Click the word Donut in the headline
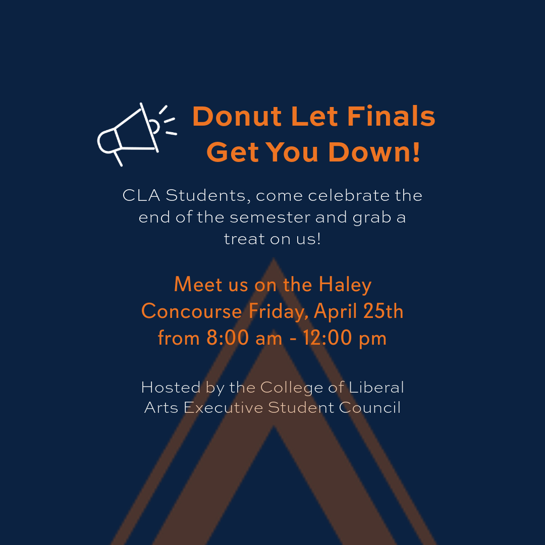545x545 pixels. [x=237, y=116]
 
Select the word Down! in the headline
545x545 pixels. [x=374, y=152]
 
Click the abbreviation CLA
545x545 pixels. [x=141, y=195]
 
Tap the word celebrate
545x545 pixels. [x=349, y=195]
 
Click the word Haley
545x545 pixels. [x=345, y=285]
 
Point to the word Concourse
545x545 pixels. [x=192, y=311]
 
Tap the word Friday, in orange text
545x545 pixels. [x=279, y=311]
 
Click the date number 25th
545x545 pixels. [x=384, y=311]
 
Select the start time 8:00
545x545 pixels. [x=228, y=338]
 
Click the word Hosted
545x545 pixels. [x=171, y=387]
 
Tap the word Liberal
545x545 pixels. [x=376, y=387]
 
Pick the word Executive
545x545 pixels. [x=223, y=407]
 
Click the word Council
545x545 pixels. [x=370, y=407]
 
